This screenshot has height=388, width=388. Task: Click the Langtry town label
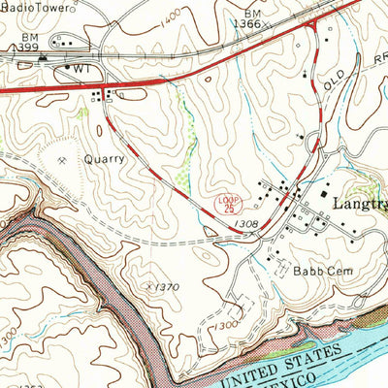[360, 206]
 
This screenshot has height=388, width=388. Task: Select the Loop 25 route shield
[226, 205]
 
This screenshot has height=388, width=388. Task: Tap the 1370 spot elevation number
[167, 287]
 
